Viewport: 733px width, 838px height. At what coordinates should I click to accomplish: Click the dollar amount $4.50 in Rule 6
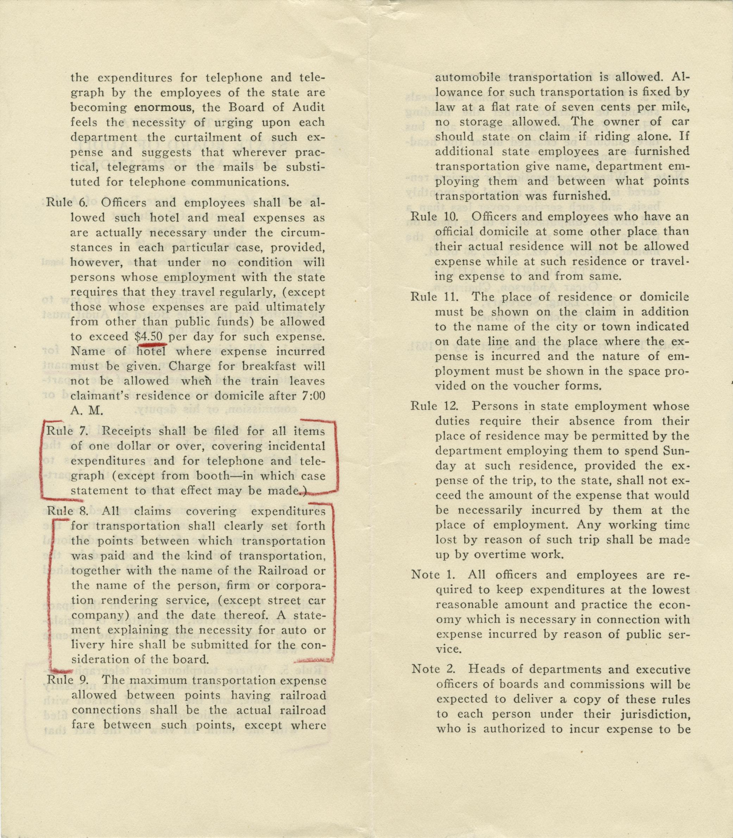pyautogui.click(x=149, y=336)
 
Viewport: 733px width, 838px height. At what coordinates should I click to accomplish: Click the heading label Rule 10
pyautogui.click(x=434, y=216)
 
